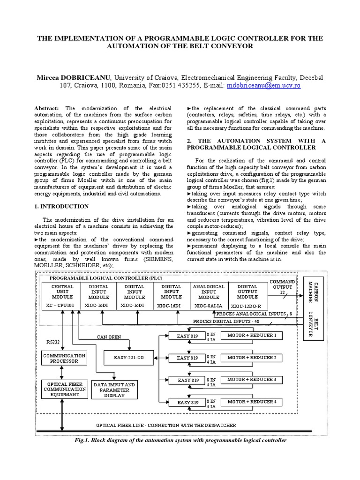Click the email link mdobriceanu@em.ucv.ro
(x=263, y=86)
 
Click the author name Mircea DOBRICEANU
(x=73, y=77)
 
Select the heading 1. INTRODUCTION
(x=62, y=206)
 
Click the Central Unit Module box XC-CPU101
(x=62, y=295)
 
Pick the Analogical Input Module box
(x=209, y=295)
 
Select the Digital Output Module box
(x=247, y=295)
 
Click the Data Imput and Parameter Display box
(x=114, y=389)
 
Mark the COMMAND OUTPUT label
(x=282, y=285)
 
